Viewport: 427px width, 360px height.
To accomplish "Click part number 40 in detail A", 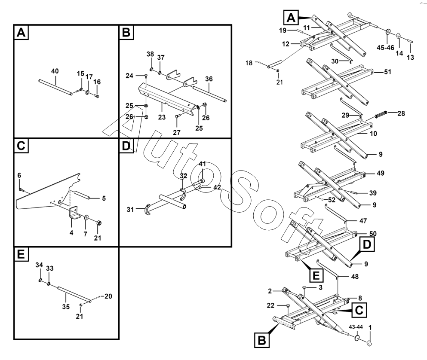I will (x=55, y=71).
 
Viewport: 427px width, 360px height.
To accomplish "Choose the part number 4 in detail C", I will (x=71, y=232).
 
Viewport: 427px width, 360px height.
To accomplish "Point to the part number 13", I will (x=410, y=58).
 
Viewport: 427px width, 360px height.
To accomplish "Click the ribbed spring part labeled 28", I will (x=381, y=115).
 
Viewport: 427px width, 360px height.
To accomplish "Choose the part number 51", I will (x=387, y=72).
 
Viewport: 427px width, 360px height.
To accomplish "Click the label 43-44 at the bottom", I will (x=356, y=327).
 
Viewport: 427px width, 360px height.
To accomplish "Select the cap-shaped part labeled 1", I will (x=369, y=343).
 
